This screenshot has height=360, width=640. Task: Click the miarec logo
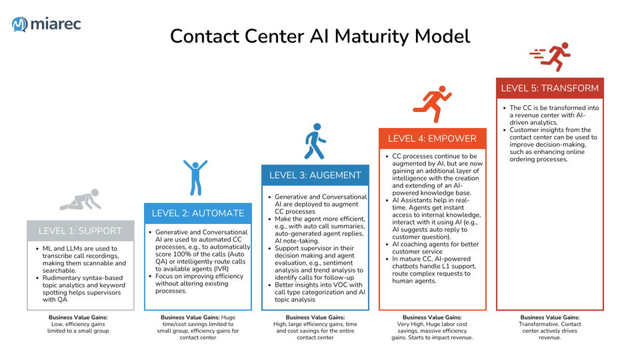(x=46, y=24)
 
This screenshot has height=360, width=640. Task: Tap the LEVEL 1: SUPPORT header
(x=80, y=231)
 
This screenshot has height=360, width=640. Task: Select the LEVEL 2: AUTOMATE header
(x=198, y=213)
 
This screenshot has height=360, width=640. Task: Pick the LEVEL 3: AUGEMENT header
(x=315, y=175)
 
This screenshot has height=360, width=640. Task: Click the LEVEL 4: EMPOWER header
(x=432, y=139)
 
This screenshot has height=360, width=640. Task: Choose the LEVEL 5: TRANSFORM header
(x=549, y=88)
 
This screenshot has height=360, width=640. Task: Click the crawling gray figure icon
(x=80, y=200)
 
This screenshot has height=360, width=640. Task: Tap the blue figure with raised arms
(x=195, y=177)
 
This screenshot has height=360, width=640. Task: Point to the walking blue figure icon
(x=315, y=141)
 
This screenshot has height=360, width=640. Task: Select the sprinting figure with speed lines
(x=550, y=57)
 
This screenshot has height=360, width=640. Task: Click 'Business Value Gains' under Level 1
(x=78, y=318)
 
